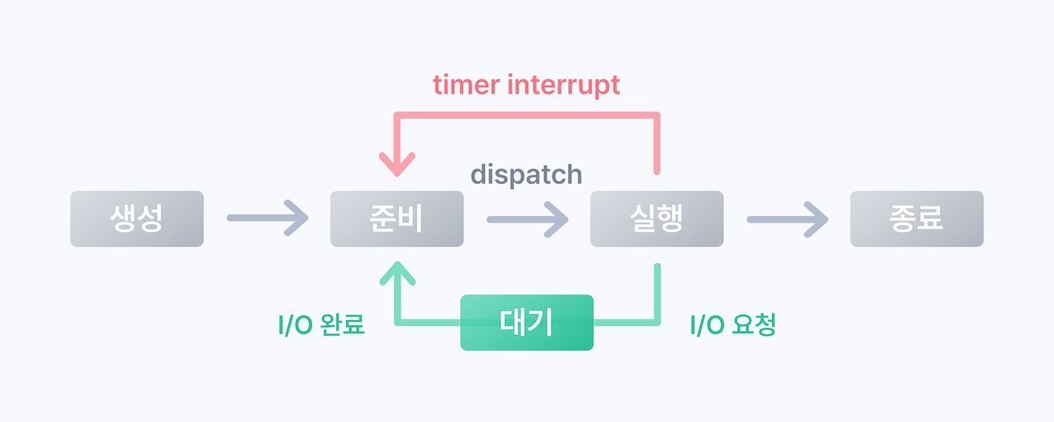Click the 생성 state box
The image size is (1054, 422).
(x=136, y=218)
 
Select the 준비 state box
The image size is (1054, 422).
(x=396, y=218)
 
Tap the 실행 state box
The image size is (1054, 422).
(x=656, y=218)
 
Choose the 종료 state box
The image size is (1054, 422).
(x=916, y=218)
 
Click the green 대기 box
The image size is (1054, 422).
(x=527, y=323)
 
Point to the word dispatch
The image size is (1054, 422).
(x=526, y=174)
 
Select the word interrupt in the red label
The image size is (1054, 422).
(x=568, y=84)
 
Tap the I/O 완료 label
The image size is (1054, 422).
(x=321, y=325)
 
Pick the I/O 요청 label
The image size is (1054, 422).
(x=733, y=325)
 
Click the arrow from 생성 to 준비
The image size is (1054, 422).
(x=267, y=218)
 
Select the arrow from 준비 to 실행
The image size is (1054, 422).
(x=527, y=218)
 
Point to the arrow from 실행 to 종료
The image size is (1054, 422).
(x=787, y=218)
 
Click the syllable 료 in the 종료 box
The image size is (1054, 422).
(x=931, y=218)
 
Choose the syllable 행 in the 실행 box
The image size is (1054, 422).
(x=671, y=218)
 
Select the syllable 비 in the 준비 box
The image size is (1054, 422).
(x=411, y=218)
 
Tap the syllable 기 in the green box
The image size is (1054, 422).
(x=541, y=323)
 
